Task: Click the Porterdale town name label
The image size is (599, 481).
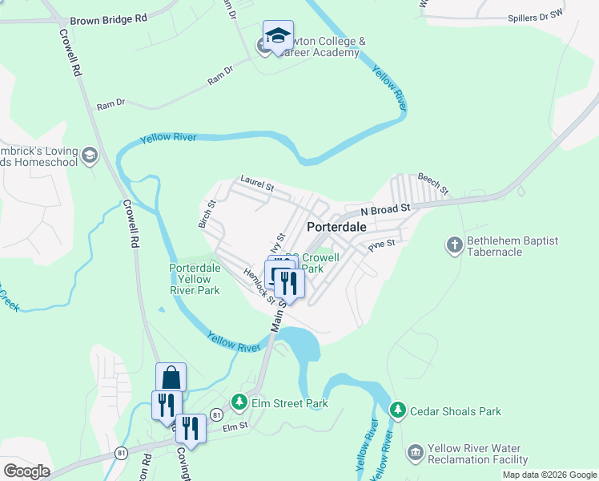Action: (x=336, y=227)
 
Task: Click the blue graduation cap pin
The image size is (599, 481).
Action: (x=278, y=36)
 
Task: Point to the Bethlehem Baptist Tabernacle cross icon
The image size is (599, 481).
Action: (x=454, y=245)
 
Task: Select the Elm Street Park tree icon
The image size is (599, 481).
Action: (x=239, y=401)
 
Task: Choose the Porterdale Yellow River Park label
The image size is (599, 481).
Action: (x=195, y=279)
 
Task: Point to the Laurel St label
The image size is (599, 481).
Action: (x=256, y=183)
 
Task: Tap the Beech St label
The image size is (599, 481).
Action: (x=433, y=182)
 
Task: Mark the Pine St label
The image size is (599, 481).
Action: (x=382, y=244)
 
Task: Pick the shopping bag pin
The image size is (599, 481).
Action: (x=171, y=376)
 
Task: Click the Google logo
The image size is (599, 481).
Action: (x=26, y=471)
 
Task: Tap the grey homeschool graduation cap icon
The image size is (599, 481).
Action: (x=90, y=155)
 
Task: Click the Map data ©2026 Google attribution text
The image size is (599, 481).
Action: (x=549, y=475)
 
